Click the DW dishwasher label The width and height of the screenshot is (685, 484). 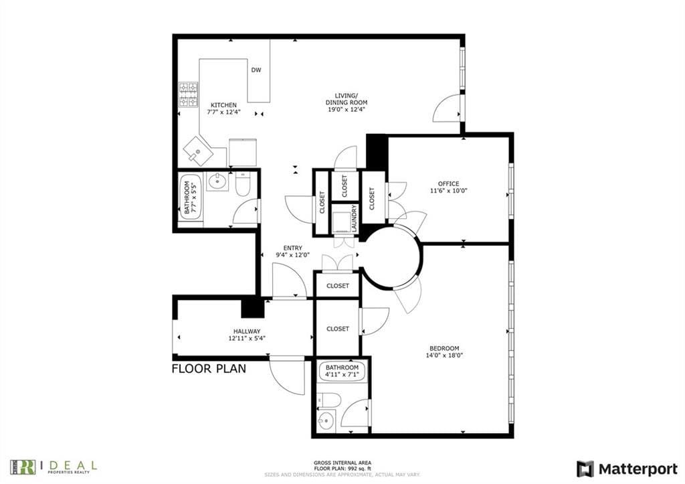pyautogui.click(x=256, y=70)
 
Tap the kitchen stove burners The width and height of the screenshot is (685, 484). pyautogui.click(x=188, y=95)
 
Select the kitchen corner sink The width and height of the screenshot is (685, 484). pyautogui.click(x=199, y=152)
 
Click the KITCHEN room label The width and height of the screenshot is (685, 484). pyautogui.click(x=223, y=105)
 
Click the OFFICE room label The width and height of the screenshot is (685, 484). pyautogui.click(x=448, y=183)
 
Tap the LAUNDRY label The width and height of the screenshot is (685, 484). pyautogui.click(x=355, y=218)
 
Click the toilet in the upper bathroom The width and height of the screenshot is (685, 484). pyautogui.click(x=242, y=184)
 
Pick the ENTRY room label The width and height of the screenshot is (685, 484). pyautogui.click(x=292, y=248)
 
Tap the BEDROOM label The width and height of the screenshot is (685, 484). pyautogui.click(x=444, y=348)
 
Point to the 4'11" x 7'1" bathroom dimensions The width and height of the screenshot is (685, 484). pyautogui.click(x=342, y=375)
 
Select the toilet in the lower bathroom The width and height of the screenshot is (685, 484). pyautogui.click(x=328, y=400)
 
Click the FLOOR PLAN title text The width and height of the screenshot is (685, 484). pyautogui.click(x=209, y=368)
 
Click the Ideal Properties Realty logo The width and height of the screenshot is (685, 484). pyautogui.click(x=54, y=466)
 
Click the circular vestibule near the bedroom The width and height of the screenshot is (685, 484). pyautogui.click(x=391, y=258)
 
